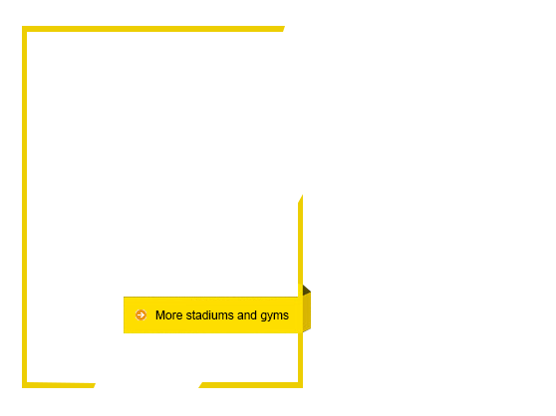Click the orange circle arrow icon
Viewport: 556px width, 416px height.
(140, 314)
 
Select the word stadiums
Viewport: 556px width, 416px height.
(209, 315)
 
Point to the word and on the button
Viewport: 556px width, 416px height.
(247, 315)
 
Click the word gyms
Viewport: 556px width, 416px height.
(274, 315)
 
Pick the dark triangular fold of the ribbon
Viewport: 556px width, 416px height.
(306, 290)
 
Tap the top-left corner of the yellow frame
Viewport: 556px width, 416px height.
(22, 26)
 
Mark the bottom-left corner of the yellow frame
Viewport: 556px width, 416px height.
(22, 387)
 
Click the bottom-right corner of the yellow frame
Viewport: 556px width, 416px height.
(303, 387)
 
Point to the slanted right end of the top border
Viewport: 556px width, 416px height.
(283, 29)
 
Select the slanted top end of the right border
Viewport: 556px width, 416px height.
(301, 199)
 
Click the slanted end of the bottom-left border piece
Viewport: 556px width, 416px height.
(94, 385)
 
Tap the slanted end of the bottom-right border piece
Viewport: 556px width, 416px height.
(200, 385)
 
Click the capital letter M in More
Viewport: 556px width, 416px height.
(159, 315)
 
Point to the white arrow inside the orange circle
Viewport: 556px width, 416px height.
(140, 314)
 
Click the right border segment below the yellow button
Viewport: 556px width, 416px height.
(300, 357)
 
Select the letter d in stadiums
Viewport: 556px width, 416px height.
(205, 315)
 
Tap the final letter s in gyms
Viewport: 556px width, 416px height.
(286, 315)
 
